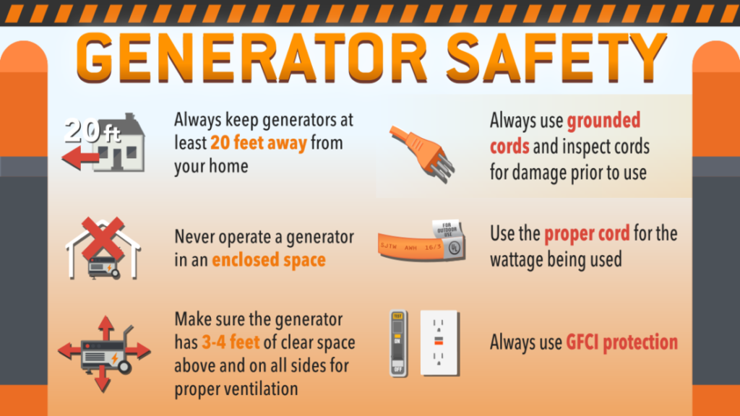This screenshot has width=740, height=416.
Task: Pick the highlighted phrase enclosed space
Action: tap(268, 260)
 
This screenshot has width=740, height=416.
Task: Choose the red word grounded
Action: tap(603, 120)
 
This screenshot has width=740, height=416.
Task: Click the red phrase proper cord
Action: tap(587, 234)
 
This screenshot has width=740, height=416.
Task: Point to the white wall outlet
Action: tap(439, 342)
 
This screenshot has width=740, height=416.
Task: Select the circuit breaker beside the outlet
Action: tap(396, 342)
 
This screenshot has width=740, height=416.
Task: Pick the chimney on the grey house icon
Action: tap(129, 119)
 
